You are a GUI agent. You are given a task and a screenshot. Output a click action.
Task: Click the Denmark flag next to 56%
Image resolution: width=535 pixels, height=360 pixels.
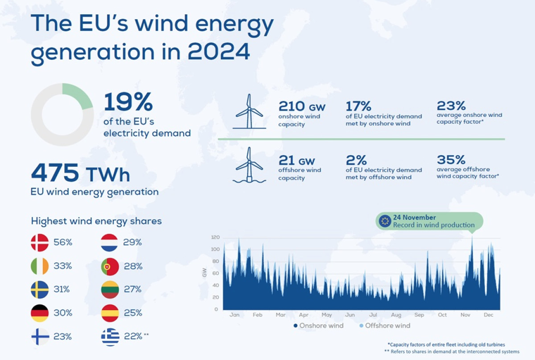pyautogui.click(x=40, y=242)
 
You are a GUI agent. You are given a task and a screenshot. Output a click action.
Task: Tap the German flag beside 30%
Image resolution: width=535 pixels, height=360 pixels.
pyautogui.click(x=40, y=313)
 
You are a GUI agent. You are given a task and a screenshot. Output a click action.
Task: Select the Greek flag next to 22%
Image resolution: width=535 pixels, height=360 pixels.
pyautogui.click(x=110, y=337)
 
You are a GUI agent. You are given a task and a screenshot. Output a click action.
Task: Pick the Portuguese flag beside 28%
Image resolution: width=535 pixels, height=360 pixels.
pyautogui.click(x=110, y=266)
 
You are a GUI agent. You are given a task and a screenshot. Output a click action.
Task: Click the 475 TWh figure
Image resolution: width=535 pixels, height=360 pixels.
pyautogui.click(x=81, y=173)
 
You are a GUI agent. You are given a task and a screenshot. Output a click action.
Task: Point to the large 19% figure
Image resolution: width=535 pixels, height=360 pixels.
pyautogui.click(x=128, y=102)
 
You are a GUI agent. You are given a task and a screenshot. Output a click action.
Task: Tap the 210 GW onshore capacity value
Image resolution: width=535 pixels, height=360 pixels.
pyautogui.click(x=302, y=106)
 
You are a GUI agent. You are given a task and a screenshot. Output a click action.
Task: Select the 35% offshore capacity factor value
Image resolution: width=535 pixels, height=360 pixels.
pyautogui.click(x=451, y=160)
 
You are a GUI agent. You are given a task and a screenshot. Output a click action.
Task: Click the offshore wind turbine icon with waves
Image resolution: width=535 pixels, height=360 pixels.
pyautogui.click(x=249, y=165)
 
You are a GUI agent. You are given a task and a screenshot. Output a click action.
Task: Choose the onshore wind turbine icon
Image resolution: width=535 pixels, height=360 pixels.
pyautogui.click(x=249, y=111)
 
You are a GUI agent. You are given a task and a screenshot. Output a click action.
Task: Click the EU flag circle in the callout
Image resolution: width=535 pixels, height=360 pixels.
pyautogui.click(x=385, y=221)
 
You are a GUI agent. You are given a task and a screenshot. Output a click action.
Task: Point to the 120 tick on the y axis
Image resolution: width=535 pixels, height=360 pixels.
pyautogui.click(x=215, y=237)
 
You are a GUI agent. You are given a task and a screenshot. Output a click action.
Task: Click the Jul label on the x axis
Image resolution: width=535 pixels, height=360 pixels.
pyautogui.click(x=373, y=315)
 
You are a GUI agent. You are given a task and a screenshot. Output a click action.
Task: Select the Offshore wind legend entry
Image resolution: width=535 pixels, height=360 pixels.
pyautogui.click(x=385, y=326)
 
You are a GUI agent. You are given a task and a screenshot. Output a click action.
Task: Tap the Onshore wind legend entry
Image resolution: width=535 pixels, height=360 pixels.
pyautogui.click(x=318, y=326)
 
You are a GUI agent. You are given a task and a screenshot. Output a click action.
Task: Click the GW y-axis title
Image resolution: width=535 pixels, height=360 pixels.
pyautogui.click(x=205, y=273)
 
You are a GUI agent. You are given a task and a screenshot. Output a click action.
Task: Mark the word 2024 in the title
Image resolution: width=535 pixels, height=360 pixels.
pyautogui.click(x=218, y=52)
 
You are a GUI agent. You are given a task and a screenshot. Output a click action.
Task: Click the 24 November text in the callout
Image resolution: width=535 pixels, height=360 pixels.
pyautogui.click(x=414, y=217)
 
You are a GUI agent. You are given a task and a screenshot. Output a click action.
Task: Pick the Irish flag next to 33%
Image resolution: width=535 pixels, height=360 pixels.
pyautogui.click(x=40, y=266)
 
